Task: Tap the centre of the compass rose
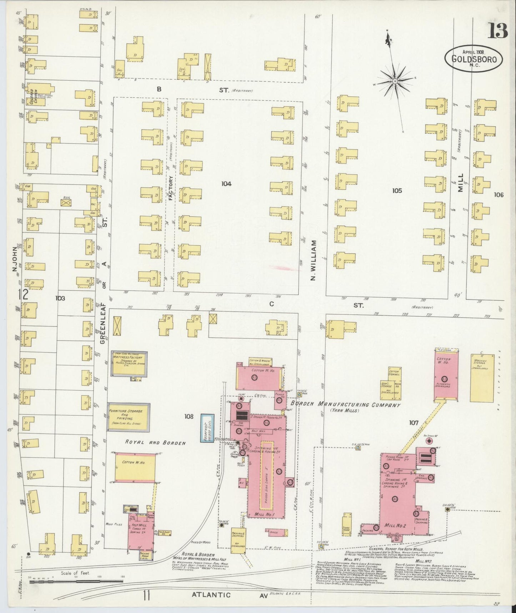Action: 395,82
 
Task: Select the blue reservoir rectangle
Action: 207,428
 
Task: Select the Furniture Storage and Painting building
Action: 129,416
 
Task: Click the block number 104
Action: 226,183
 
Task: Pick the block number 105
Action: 397,191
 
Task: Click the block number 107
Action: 414,423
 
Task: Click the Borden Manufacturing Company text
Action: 345,405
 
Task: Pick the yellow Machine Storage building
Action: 482,378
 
